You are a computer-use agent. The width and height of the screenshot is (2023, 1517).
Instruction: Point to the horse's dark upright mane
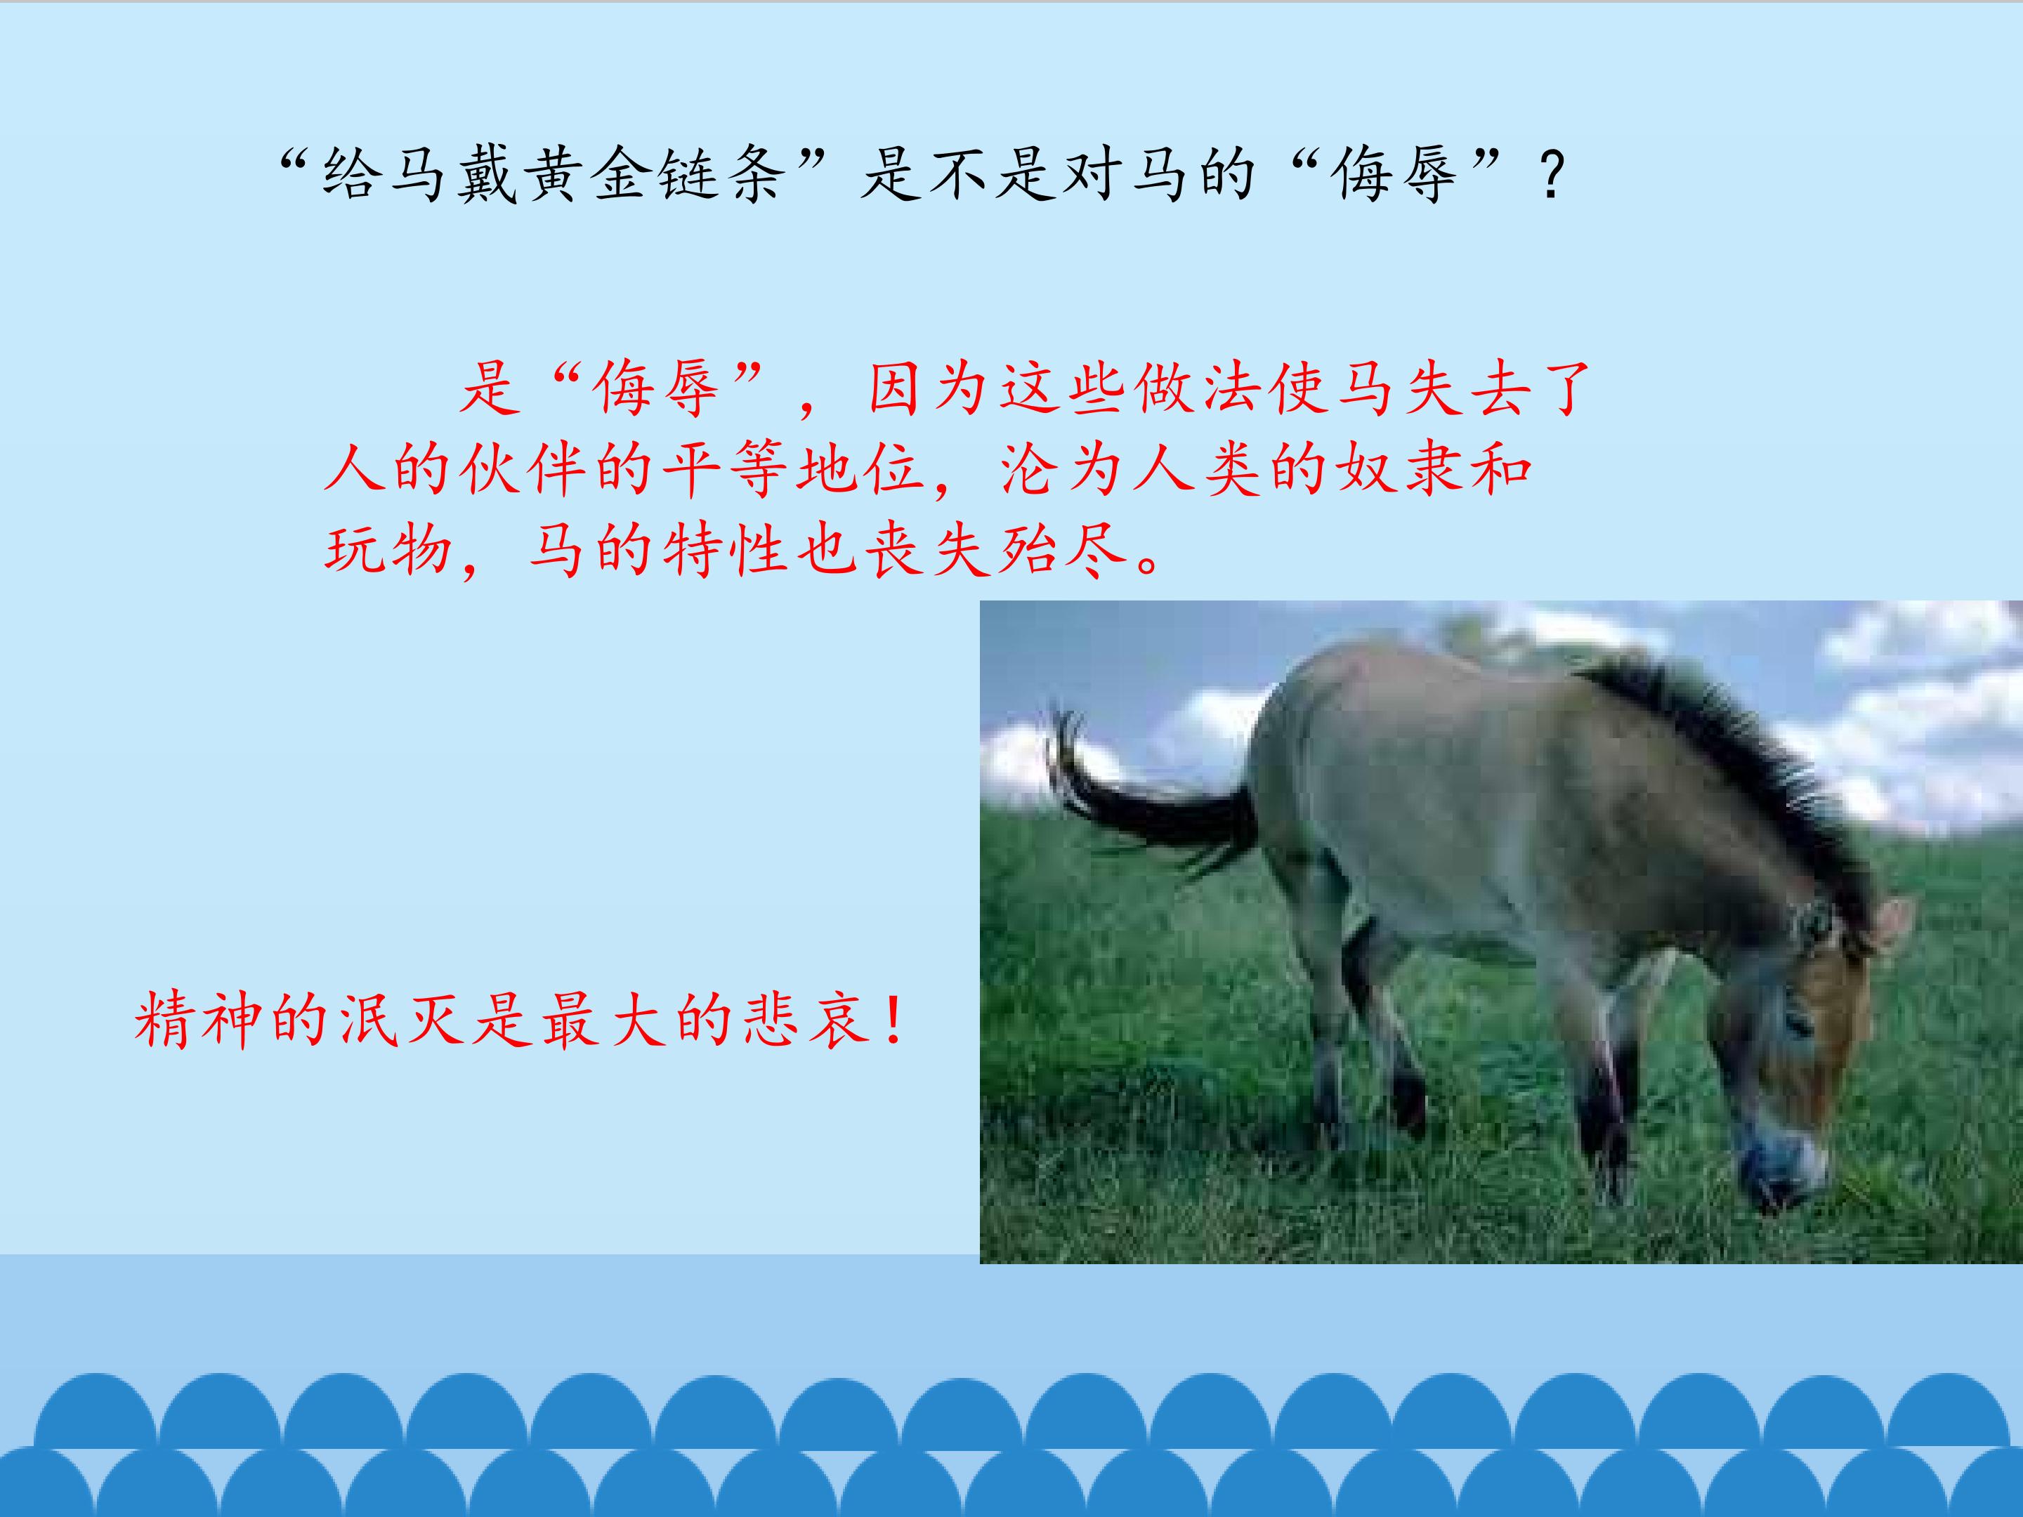point(1738,759)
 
